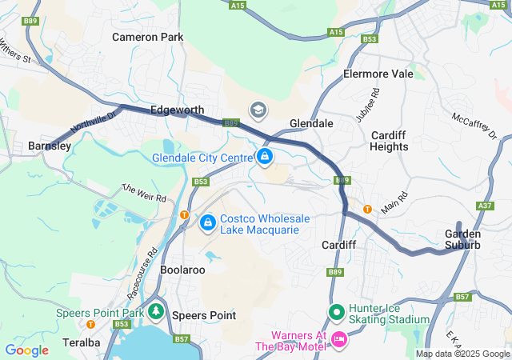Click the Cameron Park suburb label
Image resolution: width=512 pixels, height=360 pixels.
147,37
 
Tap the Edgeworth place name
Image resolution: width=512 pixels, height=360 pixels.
178,110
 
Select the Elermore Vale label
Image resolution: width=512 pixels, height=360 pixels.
378,74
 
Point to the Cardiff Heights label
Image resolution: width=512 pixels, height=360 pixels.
389,141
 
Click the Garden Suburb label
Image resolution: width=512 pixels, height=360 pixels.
462,238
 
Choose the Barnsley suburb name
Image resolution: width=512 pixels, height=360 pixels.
50,146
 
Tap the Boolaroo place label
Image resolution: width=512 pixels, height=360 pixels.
183,270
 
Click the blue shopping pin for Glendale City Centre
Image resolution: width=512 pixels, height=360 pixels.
265,156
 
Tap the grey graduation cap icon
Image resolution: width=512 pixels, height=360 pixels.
258,110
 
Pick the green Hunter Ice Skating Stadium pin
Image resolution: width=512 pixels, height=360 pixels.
336,312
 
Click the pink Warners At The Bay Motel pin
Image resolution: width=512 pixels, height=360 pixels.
338,340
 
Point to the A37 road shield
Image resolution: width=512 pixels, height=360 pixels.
484,206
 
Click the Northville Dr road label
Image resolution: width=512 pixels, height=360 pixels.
93,122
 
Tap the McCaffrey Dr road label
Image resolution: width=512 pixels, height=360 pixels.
474,124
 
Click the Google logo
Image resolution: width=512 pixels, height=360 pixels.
26,350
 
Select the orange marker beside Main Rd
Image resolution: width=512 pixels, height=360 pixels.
367,209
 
